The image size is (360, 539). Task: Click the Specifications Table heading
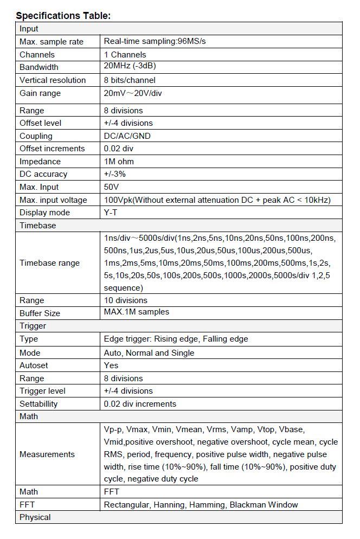(x=63, y=15)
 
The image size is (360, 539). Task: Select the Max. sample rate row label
(x=52, y=42)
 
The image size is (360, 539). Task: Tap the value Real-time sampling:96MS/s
(x=155, y=41)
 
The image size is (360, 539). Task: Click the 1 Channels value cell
(x=125, y=54)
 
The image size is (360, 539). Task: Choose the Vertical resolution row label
(x=53, y=80)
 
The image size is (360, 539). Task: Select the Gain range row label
(x=40, y=93)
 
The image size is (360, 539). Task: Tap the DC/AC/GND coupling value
(x=127, y=136)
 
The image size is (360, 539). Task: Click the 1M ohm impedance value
(x=119, y=161)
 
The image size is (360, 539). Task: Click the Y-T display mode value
(x=111, y=213)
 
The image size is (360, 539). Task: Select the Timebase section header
(x=37, y=225)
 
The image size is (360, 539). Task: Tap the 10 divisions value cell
(x=125, y=300)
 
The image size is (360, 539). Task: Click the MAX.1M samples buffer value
(x=136, y=312)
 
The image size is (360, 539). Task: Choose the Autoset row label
(x=34, y=365)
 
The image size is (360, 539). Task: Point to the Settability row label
(x=38, y=404)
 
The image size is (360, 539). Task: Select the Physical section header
(x=35, y=517)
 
